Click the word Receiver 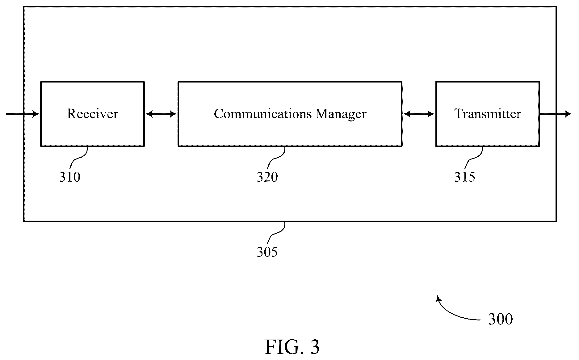point(93,114)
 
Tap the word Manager point(341,114)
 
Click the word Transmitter point(488,114)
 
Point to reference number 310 point(70,177)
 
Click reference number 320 point(267,177)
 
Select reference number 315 point(465,177)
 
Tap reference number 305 point(267,252)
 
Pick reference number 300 point(501,319)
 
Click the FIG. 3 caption point(292,347)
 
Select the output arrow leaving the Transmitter point(556,114)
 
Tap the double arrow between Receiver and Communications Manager point(161,114)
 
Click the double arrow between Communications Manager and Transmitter point(419,114)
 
